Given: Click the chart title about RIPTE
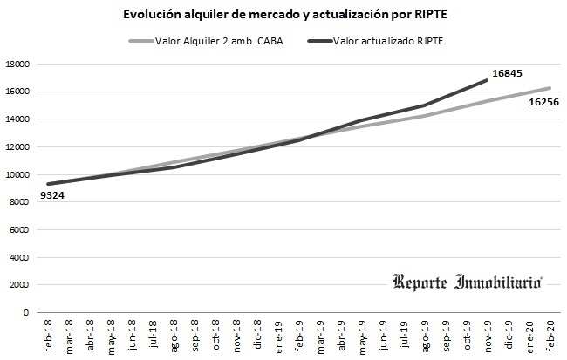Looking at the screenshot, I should pos(283,15).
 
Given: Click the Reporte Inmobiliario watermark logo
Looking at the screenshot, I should pos(468,282).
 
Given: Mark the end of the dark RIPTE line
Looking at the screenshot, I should pos(486,80).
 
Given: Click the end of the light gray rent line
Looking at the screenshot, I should pos(549,88).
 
